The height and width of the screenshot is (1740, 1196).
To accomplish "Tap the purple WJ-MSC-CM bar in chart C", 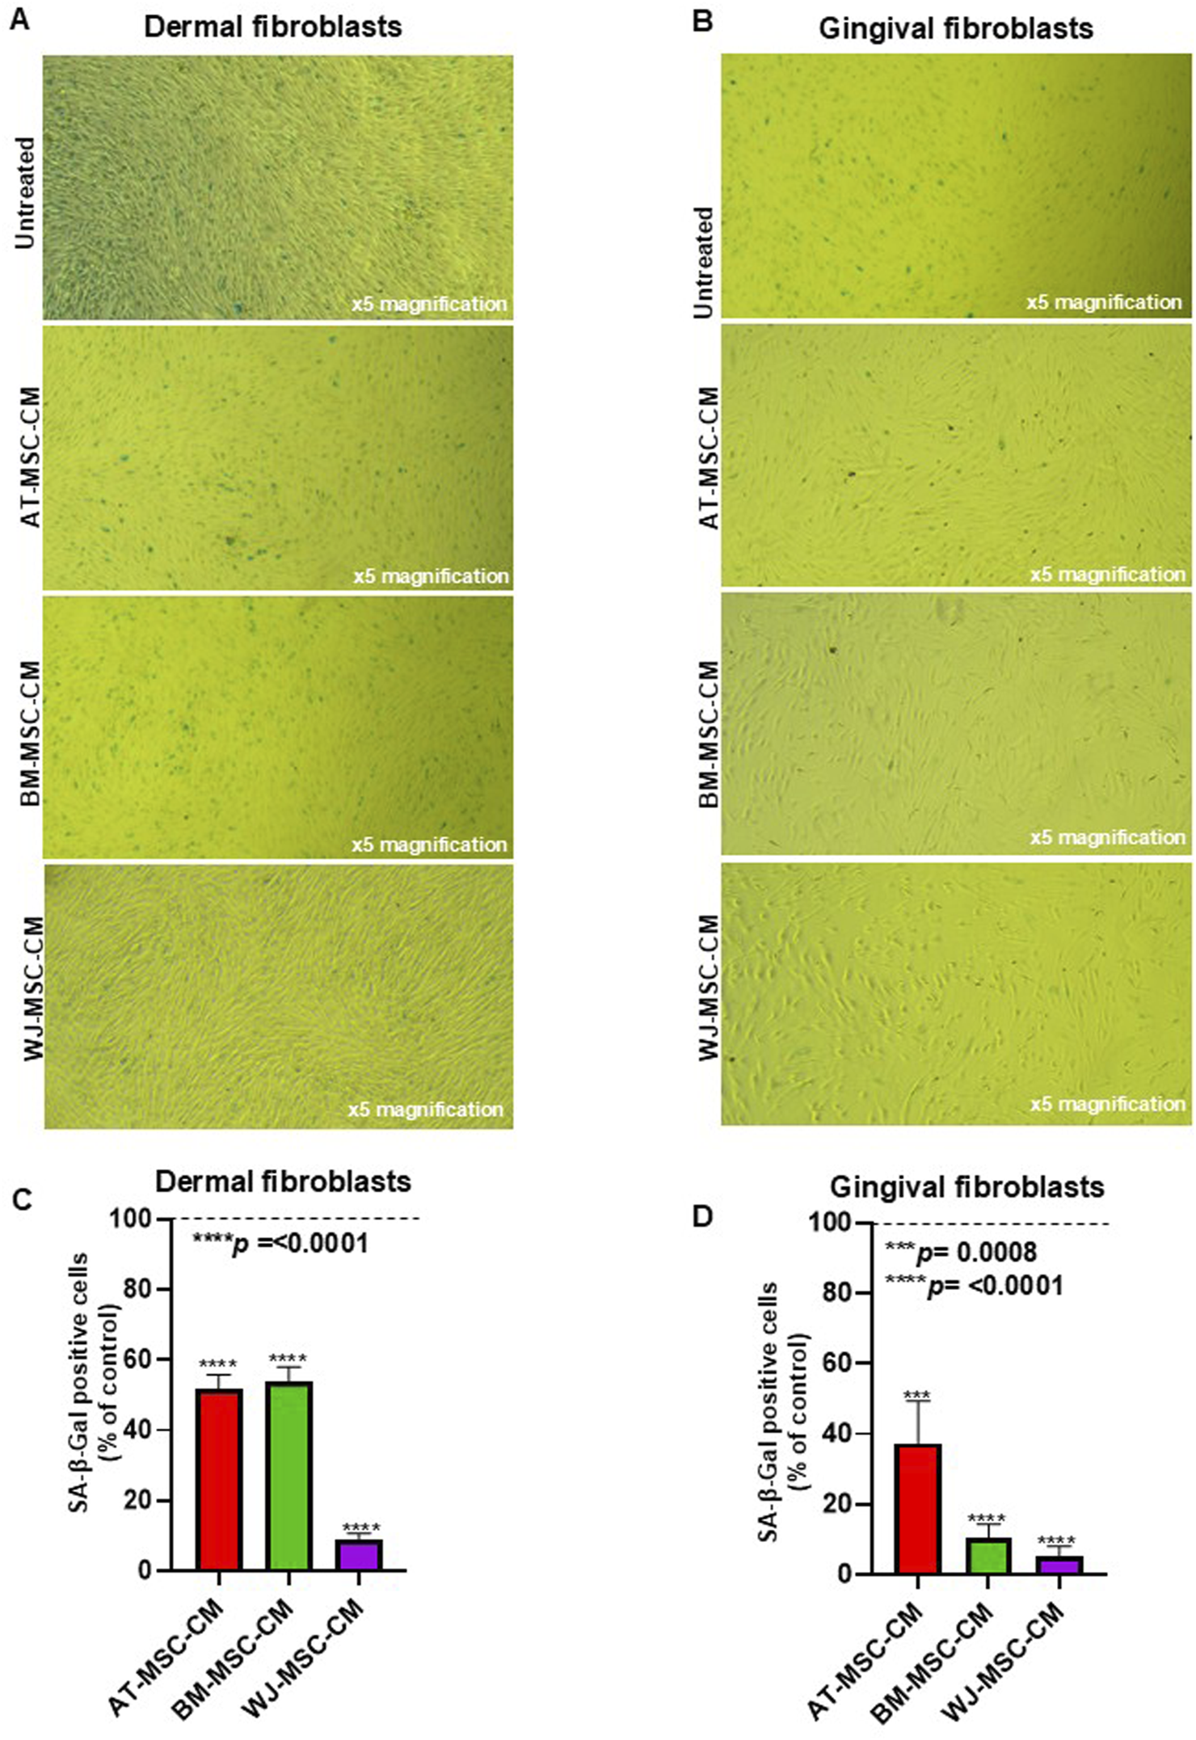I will [359, 1557].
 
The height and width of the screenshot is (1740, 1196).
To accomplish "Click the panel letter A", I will [19, 20].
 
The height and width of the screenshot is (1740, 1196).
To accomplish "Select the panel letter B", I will [703, 22].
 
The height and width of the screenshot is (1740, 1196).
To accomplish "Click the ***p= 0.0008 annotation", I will [960, 1253].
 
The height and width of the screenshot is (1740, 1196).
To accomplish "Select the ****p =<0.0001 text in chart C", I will [280, 1244].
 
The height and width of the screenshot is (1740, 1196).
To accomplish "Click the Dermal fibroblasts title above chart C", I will [283, 1182].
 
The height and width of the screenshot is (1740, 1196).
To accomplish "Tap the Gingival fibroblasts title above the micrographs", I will [955, 29].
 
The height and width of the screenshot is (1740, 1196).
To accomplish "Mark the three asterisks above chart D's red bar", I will [917, 1396].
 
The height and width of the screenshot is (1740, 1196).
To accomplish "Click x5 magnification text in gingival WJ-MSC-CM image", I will [1106, 1104].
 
